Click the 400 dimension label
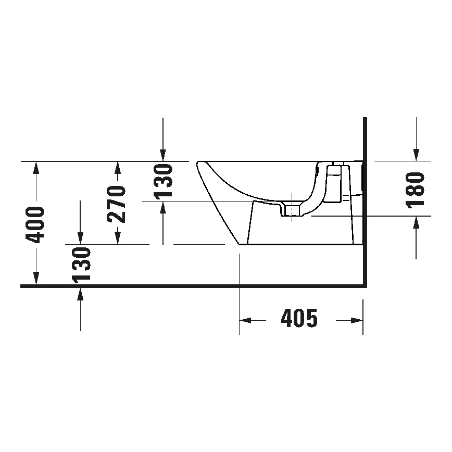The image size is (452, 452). (x=35, y=224)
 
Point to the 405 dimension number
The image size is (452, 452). (x=299, y=318)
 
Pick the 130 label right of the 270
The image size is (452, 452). (x=163, y=181)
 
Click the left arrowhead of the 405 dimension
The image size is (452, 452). (x=245, y=320)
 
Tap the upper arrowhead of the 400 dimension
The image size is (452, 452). (x=35, y=167)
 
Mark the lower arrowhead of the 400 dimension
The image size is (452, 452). (x=35, y=280)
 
